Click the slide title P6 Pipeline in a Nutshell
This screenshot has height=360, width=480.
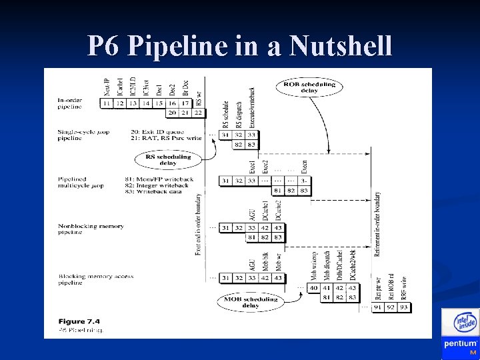[239, 46]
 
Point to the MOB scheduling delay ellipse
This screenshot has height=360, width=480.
[249, 303]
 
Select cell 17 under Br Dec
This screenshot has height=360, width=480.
[186, 103]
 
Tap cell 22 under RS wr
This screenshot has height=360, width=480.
[199, 113]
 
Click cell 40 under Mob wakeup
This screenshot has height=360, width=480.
[313, 288]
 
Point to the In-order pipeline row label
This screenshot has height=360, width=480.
[70, 103]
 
